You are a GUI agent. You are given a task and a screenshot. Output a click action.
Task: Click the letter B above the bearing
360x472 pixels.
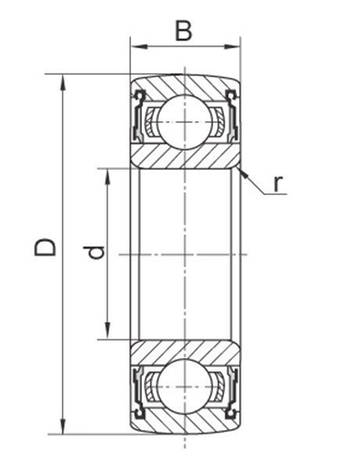pos(183,31)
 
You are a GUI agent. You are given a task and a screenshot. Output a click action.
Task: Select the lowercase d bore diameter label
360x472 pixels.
pos(96,254)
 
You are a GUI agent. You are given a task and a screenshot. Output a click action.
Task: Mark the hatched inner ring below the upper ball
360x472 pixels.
pos(185,155)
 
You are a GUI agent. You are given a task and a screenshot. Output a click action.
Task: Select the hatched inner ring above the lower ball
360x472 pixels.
pos(185,353)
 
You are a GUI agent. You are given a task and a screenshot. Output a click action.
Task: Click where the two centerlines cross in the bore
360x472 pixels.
pos(185,255)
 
